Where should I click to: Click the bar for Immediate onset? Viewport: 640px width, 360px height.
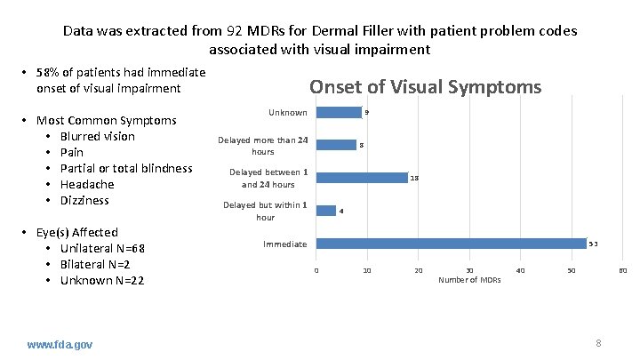(x=451, y=244)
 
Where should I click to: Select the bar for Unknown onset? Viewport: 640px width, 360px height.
(x=339, y=113)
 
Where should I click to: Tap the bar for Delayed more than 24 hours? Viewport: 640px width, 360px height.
(x=336, y=145)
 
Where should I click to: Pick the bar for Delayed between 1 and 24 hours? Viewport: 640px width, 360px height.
(x=362, y=178)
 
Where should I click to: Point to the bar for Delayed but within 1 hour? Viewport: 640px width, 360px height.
(x=325, y=211)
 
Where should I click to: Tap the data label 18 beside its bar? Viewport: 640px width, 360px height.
(x=414, y=179)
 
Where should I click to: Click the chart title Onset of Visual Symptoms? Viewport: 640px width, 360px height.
(x=424, y=87)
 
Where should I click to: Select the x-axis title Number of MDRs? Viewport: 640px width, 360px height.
(x=469, y=280)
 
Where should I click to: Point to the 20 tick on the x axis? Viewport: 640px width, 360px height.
(x=419, y=270)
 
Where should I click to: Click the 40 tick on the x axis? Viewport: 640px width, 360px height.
(x=521, y=270)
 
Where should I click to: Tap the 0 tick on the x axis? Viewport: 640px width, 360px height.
(x=316, y=270)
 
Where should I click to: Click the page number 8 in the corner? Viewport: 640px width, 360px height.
(x=599, y=343)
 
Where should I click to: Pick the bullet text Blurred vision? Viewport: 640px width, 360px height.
(x=98, y=136)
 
